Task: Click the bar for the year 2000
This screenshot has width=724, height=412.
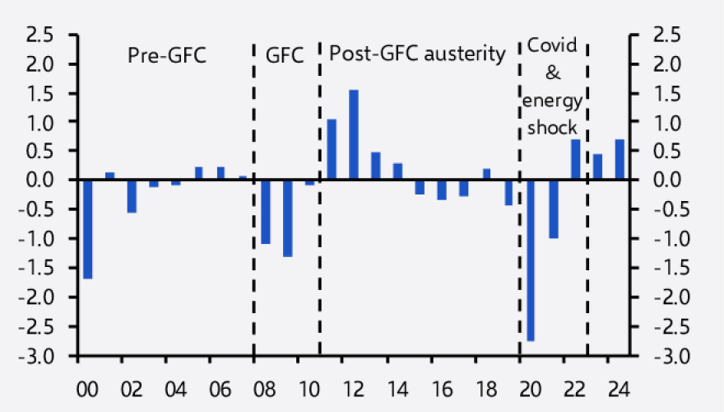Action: [87, 229]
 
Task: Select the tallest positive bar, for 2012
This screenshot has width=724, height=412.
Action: [354, 134]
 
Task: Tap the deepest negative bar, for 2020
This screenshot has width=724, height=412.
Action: [531, 260]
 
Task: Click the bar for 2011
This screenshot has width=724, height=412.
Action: [332, 149]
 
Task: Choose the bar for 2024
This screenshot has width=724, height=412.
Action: [620, 159]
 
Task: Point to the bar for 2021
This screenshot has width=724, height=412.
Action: [553, 208]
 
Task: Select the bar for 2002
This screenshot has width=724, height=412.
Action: [132, 196]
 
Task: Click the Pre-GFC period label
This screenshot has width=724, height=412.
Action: [166, 55]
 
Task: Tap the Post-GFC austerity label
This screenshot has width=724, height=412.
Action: [417, 54]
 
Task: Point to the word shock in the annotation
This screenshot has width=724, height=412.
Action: [553, 128]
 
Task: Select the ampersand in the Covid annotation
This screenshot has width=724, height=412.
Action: [553, 74]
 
